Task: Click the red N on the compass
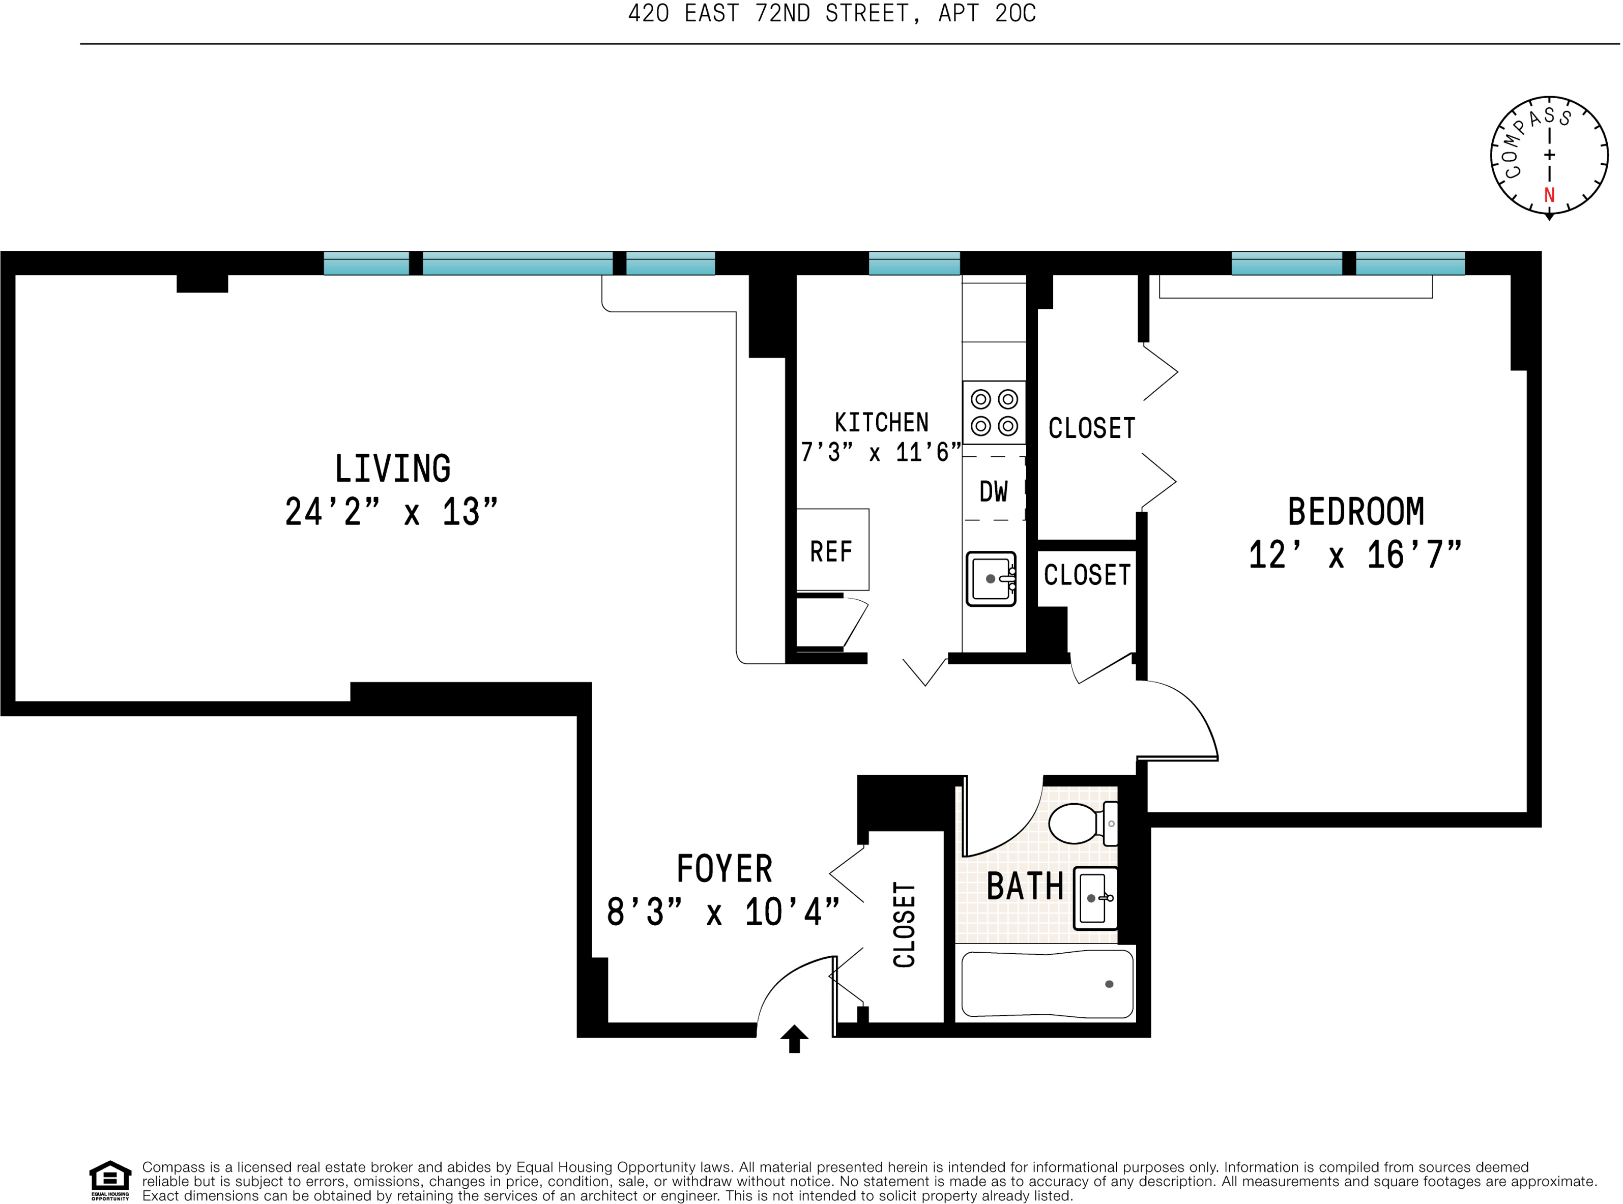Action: click(1549, 195)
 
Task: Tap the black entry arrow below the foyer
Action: click(794, 1039)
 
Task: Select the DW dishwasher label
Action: click(993, 492)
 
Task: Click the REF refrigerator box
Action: click(832, 549)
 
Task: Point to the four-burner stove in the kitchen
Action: click(994, 413)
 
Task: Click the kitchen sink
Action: click(991, 579)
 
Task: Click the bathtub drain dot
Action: click(1109, 984)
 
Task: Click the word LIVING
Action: click(393, 468)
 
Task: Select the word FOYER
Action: click(724, 869)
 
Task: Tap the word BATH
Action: click(1025, 886)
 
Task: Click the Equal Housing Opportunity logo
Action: click(110, 1181)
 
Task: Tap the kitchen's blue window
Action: click(914, 263)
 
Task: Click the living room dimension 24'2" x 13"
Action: click(391, 512)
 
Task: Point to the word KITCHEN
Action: click(882, 423)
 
